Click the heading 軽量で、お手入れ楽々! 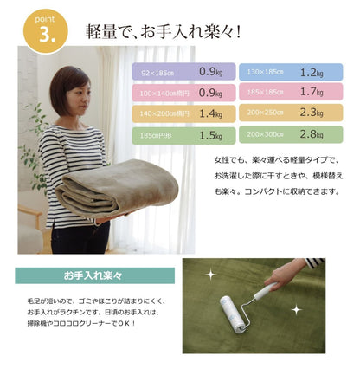click(x=163, y=32)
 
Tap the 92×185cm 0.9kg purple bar click(x=182, y=71)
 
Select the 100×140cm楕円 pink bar click(x=182, y=92)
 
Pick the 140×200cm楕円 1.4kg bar click(x=182, y=113)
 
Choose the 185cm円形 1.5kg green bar click(x=182, y=135)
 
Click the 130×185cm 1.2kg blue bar click(x=285, y=71)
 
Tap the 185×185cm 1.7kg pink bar click(x=285, y=91)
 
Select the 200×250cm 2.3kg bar click(x=285, y=113)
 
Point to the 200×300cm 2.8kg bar click(x=285, y=134)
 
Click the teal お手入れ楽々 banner click(x=94, y=275)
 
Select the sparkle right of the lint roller click(x=296, y=309)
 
